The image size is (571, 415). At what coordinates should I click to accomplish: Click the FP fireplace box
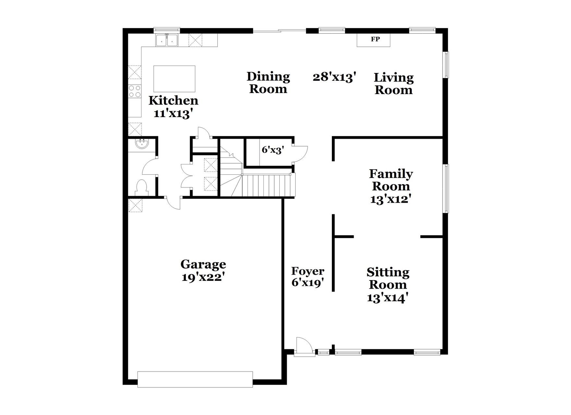pos(373,40)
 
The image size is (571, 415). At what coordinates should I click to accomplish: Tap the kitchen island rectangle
pos(174,79)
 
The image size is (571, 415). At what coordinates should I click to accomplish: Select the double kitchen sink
pos(167,41)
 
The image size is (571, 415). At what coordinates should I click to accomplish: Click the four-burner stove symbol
pos(135,91)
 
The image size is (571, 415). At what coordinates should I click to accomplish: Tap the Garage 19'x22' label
pos(203,270)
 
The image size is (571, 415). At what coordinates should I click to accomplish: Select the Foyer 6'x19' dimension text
pos(308,277)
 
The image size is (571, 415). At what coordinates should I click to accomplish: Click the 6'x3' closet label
pos(273,150)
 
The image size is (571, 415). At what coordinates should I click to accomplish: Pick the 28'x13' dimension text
pos(334,77)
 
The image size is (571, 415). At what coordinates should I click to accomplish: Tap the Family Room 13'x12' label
pos(391,186)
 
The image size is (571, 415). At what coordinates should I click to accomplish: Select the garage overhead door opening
pos(195,379)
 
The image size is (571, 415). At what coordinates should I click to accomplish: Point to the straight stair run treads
pos(268,185)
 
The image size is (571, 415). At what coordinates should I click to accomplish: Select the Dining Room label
pos(268,83)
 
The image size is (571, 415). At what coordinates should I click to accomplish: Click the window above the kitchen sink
pos(166,30)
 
